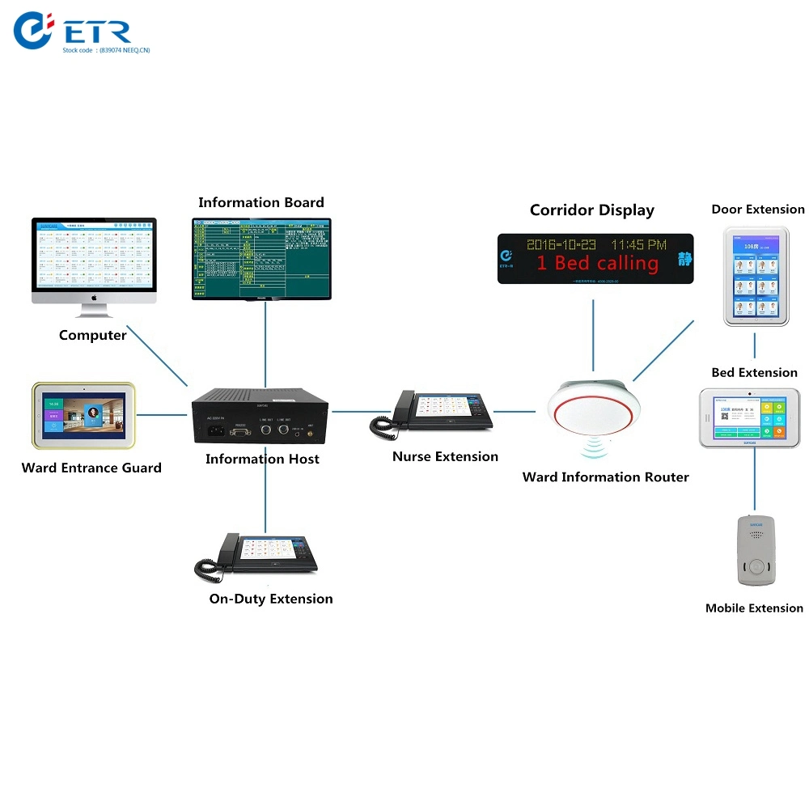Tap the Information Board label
point(260,202)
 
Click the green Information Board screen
point(261,258)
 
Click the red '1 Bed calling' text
point(597,264)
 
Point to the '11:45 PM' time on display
point(638,244)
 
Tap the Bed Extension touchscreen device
point(749,417)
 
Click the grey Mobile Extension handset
point(754,551)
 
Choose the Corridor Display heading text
point(591,210)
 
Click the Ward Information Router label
point(605,477)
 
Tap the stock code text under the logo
point(106,50)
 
